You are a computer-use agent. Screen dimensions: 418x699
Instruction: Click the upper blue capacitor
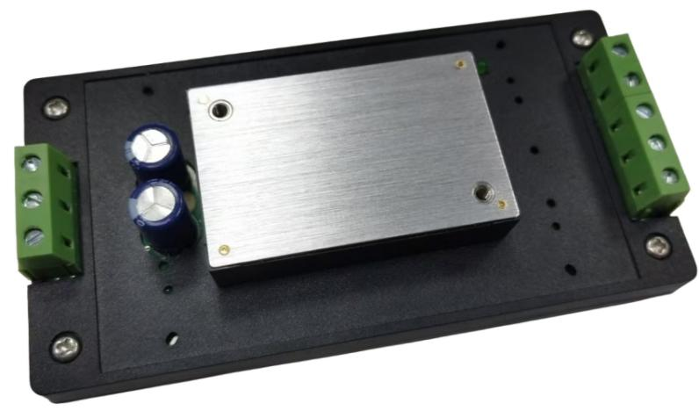(x=154, y=147)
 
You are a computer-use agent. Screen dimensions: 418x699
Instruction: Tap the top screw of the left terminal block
(x=32, y=163)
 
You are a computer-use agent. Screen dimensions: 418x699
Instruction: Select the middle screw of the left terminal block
(x=33, y=200)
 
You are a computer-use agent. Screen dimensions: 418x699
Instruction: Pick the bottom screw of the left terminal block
(x=35, y=235)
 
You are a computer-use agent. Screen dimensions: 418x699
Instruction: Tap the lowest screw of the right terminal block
(x=671, y=177)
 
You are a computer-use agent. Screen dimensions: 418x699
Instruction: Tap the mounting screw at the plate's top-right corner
(x=582, y=39)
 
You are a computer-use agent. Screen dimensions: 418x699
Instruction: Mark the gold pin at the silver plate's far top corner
(x=460, y=64)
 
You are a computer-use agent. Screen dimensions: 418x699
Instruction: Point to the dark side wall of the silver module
(x=369, y=261)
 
